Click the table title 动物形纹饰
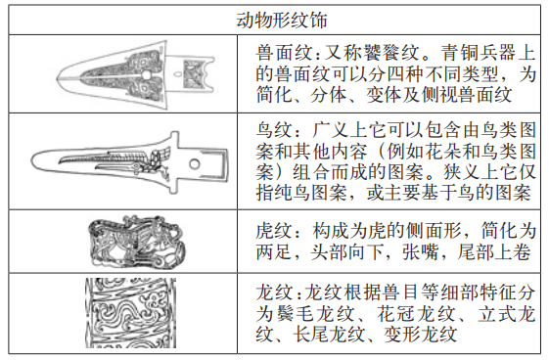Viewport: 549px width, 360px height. [282, 20]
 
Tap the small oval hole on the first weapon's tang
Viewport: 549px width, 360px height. [177, 73]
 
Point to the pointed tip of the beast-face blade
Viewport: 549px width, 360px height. [57, 77]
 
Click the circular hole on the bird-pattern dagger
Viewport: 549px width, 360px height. [195, 163]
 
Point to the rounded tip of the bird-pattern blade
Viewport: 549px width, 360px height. [32, 161]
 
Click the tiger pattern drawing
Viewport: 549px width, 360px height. [137, 242]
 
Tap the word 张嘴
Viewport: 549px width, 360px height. [420, 251]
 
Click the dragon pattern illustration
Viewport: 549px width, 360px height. [130, 313]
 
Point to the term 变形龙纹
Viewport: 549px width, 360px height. [420, 335]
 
